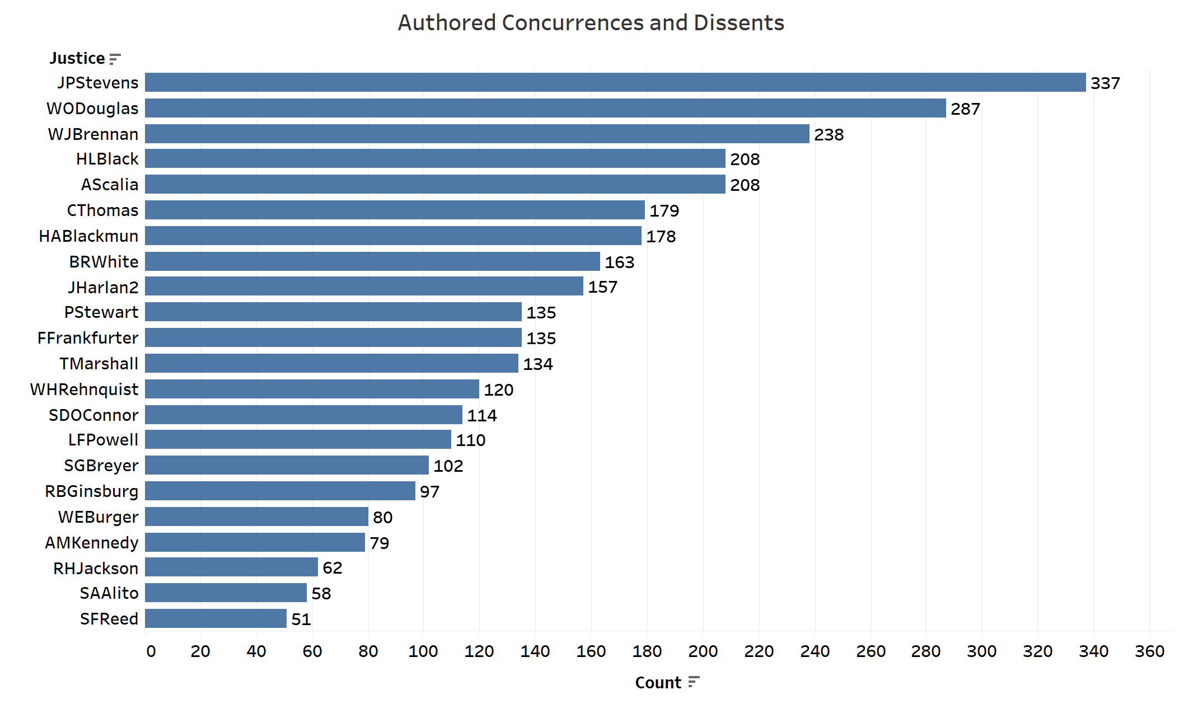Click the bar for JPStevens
(x=615, y=82)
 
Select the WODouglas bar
(x=545, y=108)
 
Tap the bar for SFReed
(x=216, y=618)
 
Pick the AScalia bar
(x=435, y=184)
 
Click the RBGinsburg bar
(x=280, y=491)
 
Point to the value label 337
(x=1105, y=83)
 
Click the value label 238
(x=829, y=135)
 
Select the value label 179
(x=664, y=211)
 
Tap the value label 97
(x=429, y=492)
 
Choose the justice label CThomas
(x=102, y=210)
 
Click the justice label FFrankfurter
(x=88, y=338)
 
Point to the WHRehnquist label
(x=84, y=389)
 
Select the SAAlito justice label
(x=109, y=593)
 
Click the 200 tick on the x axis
(x=703, y=651)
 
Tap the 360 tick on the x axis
(x=1149, y=651)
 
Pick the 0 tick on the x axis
(x=151, y=651)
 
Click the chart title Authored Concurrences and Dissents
(x=591, y=23)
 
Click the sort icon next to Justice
(x=115, y=59)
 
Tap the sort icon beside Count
(x=694, y=682)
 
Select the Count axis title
(x=658, y=683)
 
